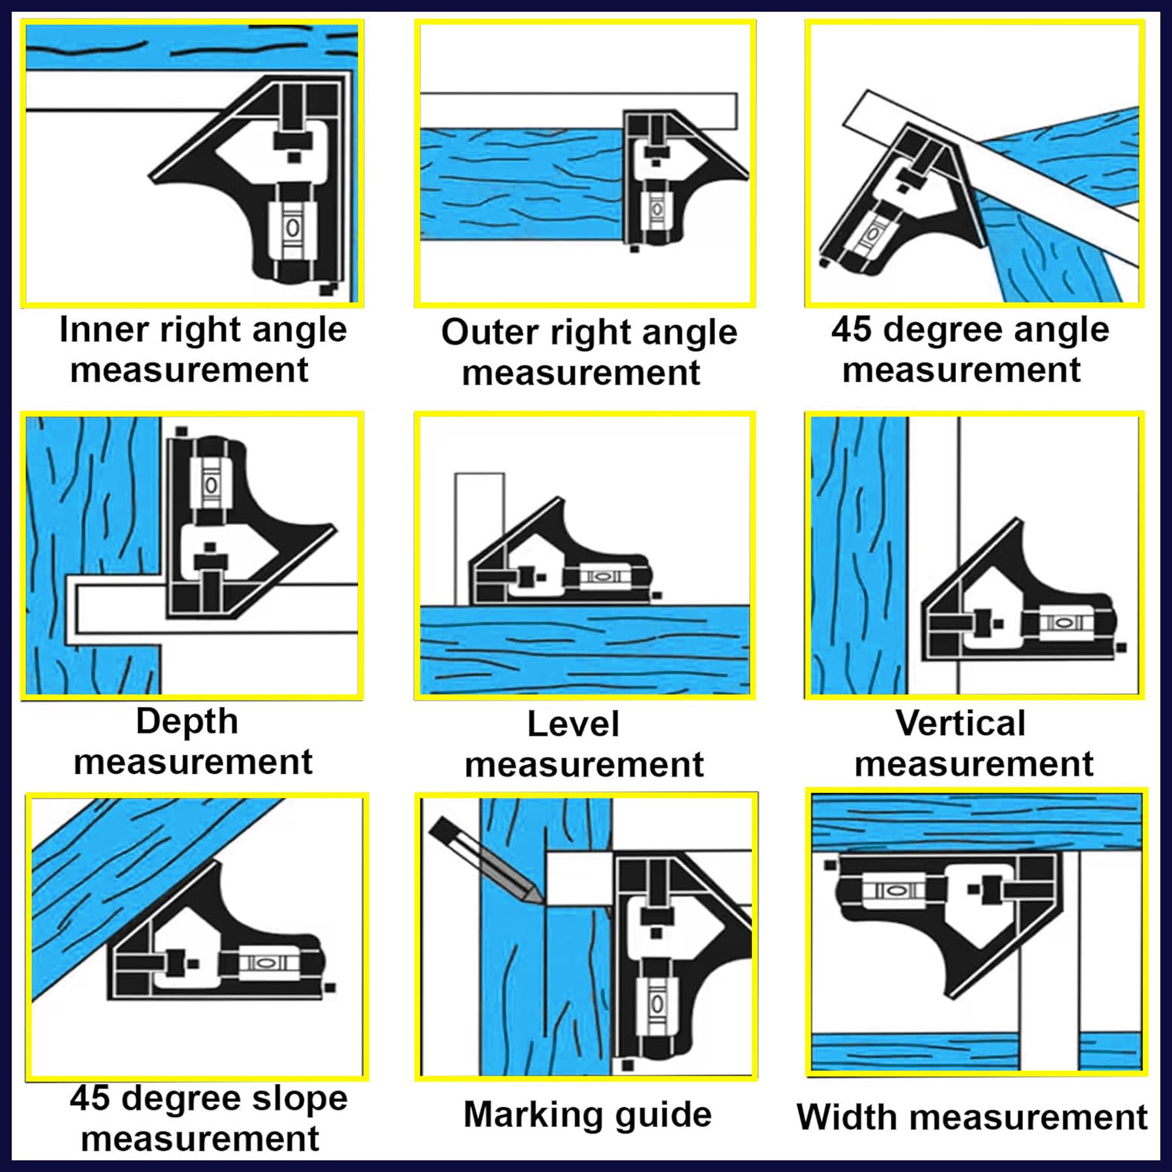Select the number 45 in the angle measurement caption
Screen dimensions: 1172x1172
(850, 329)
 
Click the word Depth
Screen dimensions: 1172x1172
(187, 721)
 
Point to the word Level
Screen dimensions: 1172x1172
(573, 724)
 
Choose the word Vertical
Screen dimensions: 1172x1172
(960, 723)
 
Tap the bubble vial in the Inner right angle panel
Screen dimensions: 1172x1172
(293, 227)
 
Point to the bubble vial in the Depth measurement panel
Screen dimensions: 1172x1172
(210, 485)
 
